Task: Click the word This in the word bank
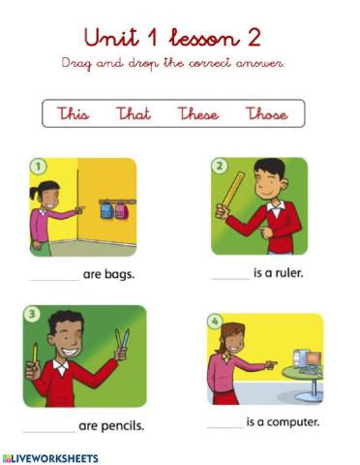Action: coord(74,114)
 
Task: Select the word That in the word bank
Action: coord(134,114)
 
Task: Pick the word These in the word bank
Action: coord(197,114)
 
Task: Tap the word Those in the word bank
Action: coord(266,114)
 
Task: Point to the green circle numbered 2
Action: coord(220,166)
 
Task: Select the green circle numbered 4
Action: coord(216,321)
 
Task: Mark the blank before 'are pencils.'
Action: coord(49,427)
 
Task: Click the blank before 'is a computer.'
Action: coord(225,424)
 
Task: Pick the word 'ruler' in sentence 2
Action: coord(288,273)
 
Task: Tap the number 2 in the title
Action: coord(254,39)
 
